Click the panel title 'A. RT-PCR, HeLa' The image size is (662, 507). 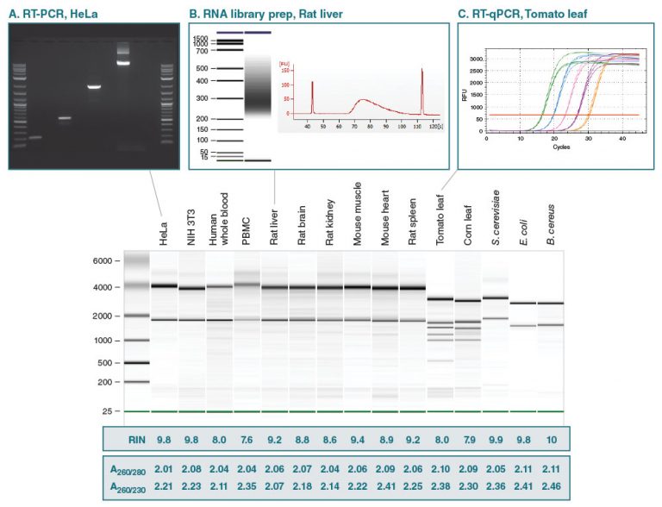point(61,12)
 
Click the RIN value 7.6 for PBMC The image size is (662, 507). point(247,438)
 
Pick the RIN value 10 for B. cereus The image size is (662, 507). point(550,438)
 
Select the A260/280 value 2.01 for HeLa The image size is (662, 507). point(164,469)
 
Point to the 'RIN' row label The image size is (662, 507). point(126,438)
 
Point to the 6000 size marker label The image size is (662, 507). point(104,260)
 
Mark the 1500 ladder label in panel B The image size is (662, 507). point(201,38)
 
